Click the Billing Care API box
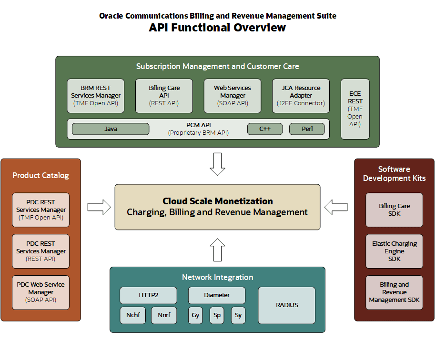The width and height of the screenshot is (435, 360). coord(164,96)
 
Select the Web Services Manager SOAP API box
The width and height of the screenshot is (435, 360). coord(233,96)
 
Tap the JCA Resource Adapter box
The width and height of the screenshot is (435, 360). coord(301,96)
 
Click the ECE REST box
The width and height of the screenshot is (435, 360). coord(355,109)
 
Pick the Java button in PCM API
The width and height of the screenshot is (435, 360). coord(111,129)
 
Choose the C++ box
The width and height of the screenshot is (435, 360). coord(265,129)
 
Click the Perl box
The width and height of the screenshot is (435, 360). coord(307,129)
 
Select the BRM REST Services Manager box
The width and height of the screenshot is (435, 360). coord(95,96)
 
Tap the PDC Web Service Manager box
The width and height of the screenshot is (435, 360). coord(41,292)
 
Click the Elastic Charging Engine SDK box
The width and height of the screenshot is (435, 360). coord(394,251)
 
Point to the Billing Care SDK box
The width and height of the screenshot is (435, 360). coord(394,210)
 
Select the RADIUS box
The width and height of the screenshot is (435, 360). coord(286,305)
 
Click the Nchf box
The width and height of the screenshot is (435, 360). coord(133,315)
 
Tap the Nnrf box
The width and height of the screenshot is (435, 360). coord(164,315)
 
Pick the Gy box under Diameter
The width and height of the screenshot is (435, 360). coord(195,315)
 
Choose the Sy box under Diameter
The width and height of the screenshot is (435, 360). coord(238,315)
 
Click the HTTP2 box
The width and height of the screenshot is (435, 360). coord(148,295)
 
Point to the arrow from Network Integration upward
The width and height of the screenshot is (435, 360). coord(218,249)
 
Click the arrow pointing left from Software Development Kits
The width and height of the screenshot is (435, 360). coord(336,207)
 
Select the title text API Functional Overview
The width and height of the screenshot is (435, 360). coord(217,28)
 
